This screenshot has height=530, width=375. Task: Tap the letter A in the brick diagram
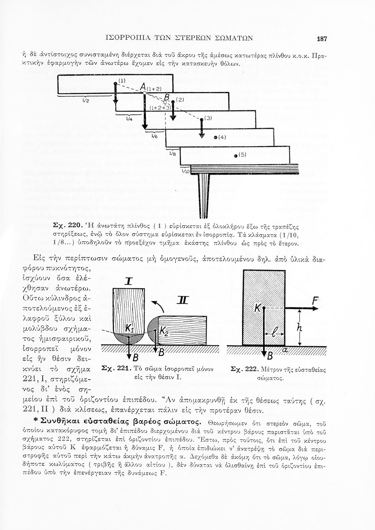143,87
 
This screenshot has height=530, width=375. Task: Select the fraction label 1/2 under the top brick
86,100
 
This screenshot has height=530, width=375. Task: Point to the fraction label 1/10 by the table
185,171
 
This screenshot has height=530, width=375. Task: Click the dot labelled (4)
215,137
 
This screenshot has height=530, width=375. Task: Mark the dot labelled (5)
236,155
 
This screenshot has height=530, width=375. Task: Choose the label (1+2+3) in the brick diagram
160,107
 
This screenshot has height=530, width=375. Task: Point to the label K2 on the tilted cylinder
163,331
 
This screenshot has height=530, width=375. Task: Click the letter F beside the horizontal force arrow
315,301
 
